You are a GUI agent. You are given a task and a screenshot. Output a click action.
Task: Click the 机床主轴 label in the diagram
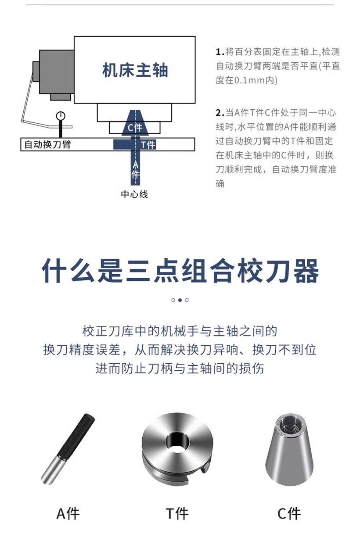pyautogui.click(x=135, y=70)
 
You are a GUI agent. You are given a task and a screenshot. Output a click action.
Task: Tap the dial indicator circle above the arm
pyautogui.click(x=61, y=116)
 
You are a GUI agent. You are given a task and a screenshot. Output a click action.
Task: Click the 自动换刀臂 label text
pyautogui.click(x=47, y=144)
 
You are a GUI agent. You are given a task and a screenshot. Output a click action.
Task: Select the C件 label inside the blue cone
pyautogui.click(x=135, y=128)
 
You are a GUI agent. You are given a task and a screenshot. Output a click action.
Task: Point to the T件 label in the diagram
pyautogui.click(x=148, y=145)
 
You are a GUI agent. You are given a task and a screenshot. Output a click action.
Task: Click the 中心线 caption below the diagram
pyautogui.click(x=134, y=194)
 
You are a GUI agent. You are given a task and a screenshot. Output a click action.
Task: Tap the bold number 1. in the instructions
pyautogui.click(x=220, y=52)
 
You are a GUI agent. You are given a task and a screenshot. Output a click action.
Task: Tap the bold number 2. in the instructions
pyautogui.click(x=220, y=113)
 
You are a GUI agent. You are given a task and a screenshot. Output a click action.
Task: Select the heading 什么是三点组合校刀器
pyautogui.click(x=180, y=271)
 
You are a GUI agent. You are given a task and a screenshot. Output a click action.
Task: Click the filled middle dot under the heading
pyautogui.click(x=180, y=300)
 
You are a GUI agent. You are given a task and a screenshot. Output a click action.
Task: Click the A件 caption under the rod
pyautogui.click(x=68, y=514)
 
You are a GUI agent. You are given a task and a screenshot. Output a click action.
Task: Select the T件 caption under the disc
pyautogui.click(x=177, y=514)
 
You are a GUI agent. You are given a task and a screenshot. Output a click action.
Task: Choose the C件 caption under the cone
pyautogui.click(x=289, y=514)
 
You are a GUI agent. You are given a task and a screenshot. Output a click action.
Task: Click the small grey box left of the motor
pyautogui.click(x=36, y=72)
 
